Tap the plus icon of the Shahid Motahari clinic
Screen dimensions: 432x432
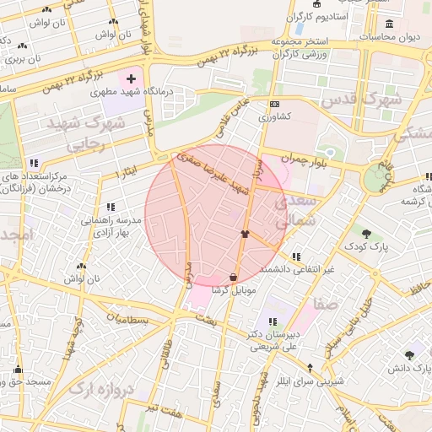pos(131,79)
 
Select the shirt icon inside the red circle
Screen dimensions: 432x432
pos(245,235)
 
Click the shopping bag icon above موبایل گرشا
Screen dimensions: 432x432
pos(233,277)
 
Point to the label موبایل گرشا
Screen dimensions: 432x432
pos(233,289)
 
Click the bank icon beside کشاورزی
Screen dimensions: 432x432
pos(274,105)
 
